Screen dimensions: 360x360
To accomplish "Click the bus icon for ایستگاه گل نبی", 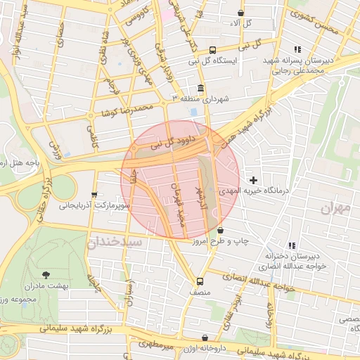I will pos(212,49).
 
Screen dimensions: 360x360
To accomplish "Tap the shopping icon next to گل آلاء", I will pos(241,13).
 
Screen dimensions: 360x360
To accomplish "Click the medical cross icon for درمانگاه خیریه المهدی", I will pos(254,181).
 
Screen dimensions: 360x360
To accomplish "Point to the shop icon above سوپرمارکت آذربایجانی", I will pos(94,195).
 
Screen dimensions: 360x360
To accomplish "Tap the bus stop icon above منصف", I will pos(200,278).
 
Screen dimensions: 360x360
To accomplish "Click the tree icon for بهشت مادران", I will pos(46,275).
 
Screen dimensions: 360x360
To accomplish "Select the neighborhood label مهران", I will pos(335,208).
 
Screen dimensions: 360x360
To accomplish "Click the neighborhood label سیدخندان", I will pos(114,242).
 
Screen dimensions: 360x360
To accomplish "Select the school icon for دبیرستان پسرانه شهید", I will pos(298,49).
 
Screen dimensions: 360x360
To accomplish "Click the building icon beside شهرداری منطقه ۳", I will pos(201,88).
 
